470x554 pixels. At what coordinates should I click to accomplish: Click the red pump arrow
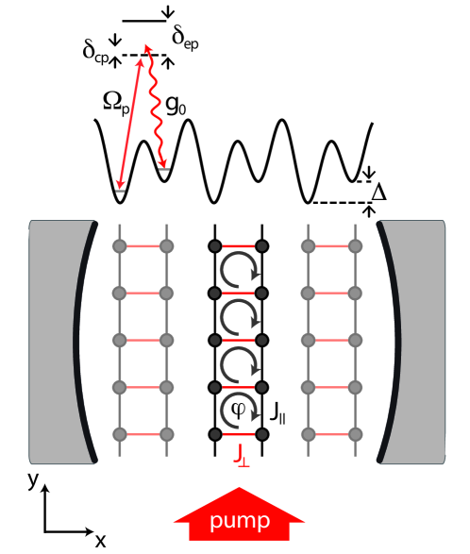coord(240,518)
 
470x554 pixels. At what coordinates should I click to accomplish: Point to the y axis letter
coord(32,480)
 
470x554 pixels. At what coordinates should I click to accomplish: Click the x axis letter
coord(100,539)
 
